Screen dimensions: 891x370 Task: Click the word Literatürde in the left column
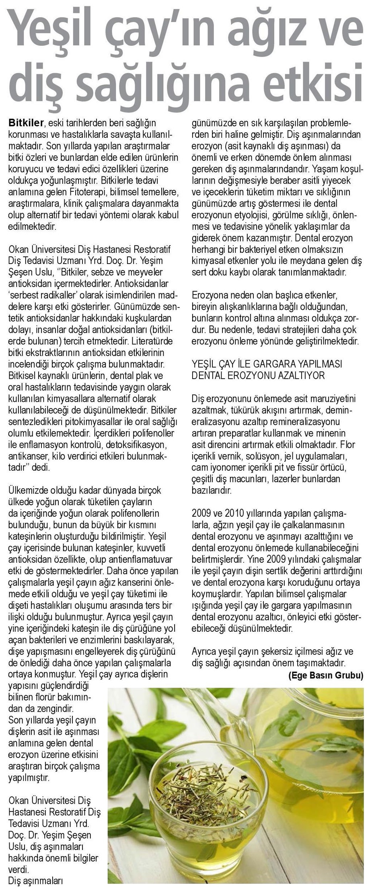(153, 342)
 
